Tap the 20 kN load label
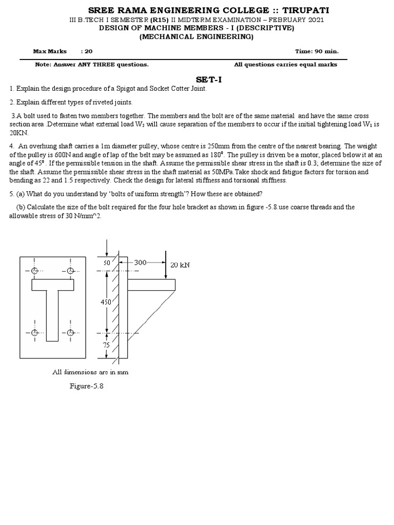pos(180,265)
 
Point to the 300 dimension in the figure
pos(140,262)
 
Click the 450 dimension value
pos(106,302)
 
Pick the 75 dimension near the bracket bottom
pos(107,345)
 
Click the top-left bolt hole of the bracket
pos(34,271)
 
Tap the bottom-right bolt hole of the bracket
pos(71,333)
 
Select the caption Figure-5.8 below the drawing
pos(87,386)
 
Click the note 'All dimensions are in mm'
pos(90,372)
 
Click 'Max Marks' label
pos(50,51)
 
